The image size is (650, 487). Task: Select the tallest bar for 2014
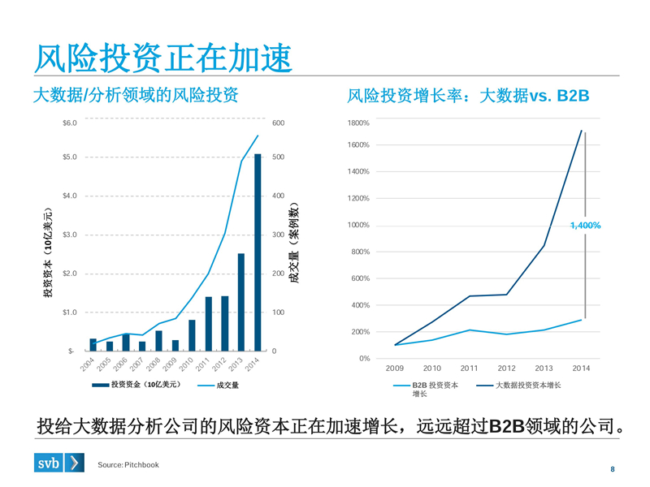click(258, 252)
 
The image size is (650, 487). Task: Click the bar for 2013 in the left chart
click(241, 302)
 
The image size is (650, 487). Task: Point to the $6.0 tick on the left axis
click(69, 123)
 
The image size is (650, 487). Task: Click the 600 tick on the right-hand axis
click(279, 123)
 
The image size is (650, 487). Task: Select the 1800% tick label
click(358, 123)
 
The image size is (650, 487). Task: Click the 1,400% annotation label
click(585, 225)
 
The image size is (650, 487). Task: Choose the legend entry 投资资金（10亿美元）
click(135, 385)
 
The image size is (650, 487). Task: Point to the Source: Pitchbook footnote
click(128, 464)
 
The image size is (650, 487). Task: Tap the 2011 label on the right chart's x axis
click(469, 368)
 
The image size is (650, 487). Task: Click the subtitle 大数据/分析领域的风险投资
click(136, 96)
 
